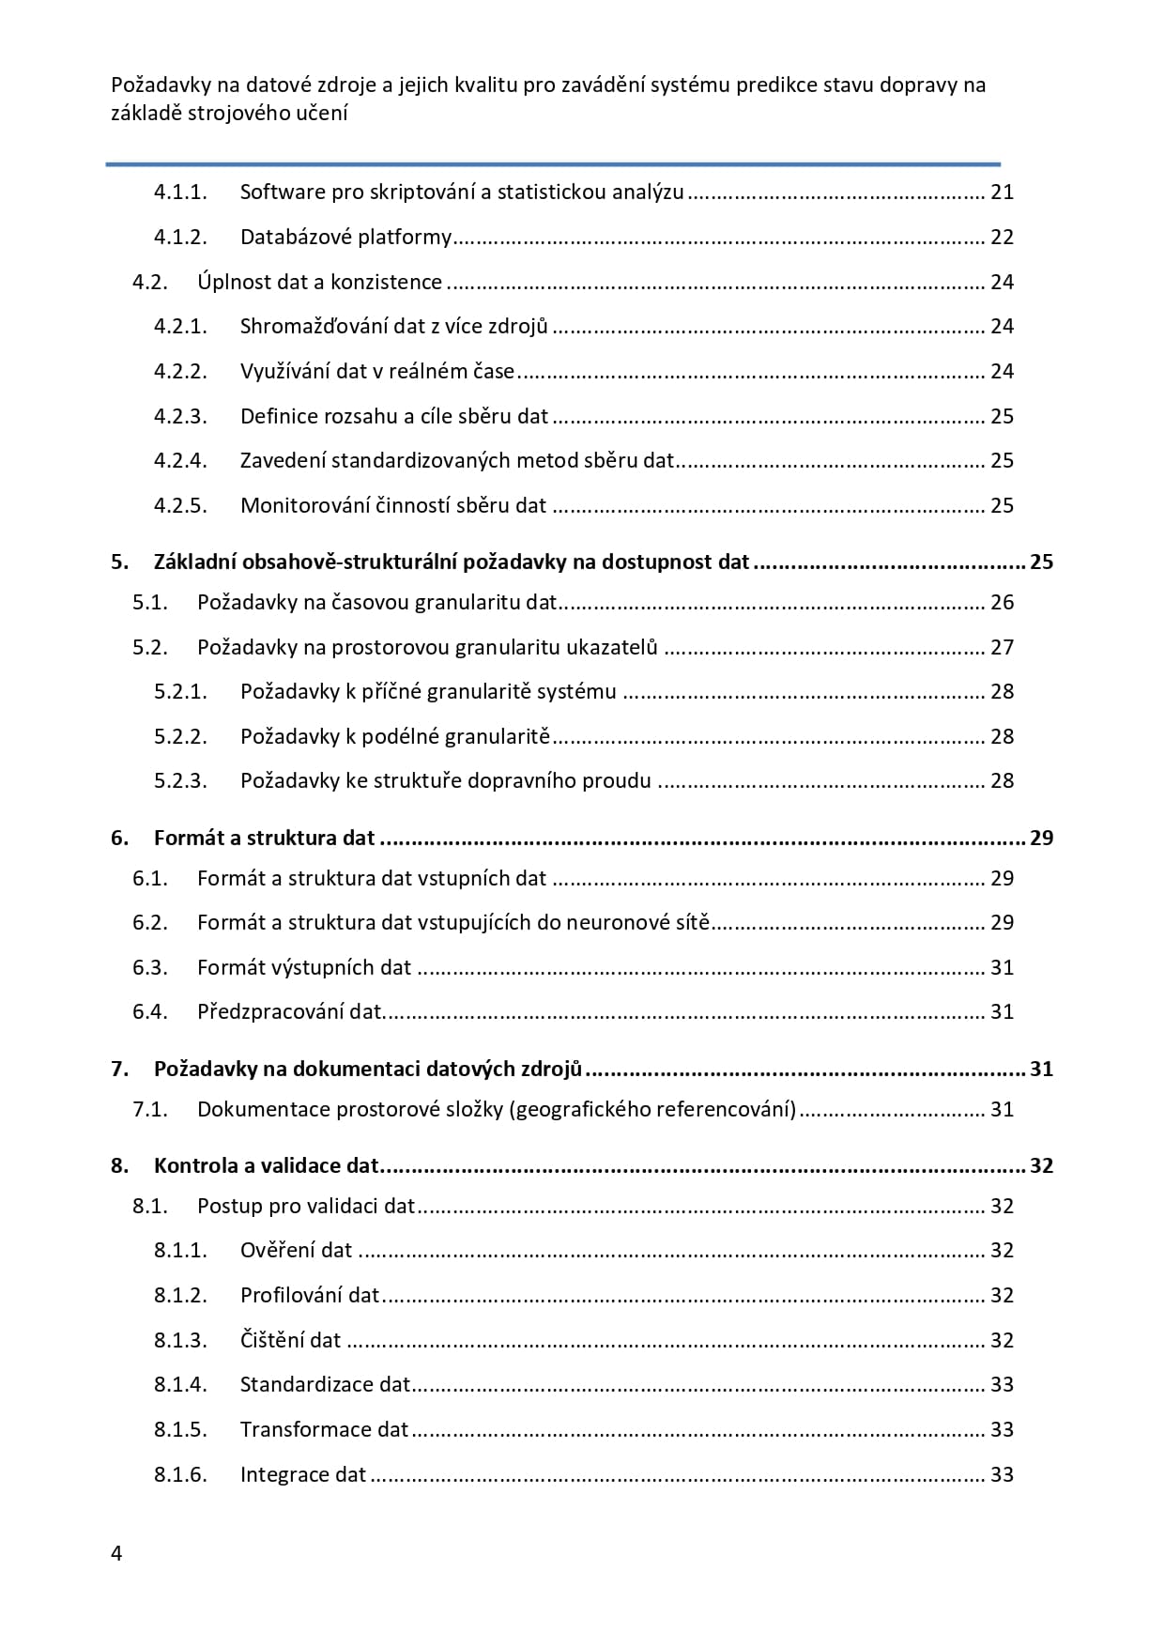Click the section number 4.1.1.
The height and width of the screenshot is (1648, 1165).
tap(180, 193)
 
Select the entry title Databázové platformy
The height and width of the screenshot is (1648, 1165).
tap(345, 238)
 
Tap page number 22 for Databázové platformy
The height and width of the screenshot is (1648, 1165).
tap(1002, 238)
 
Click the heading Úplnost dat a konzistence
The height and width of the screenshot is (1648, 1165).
tap(319, 283)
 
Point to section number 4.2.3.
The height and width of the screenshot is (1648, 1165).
tap(180, 416)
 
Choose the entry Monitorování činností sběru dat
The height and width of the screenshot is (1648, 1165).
tap(392, 506)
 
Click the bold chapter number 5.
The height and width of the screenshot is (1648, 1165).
tap(118, 562)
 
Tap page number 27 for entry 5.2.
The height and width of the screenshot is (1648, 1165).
tap(1002, 647)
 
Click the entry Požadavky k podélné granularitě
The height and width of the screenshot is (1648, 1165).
tap(394, 736)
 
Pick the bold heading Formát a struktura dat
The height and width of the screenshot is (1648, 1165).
tap(264, 839)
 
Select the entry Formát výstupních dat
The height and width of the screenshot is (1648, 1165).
tap(303, 968)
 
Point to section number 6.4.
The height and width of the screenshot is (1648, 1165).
tap(150, 1012)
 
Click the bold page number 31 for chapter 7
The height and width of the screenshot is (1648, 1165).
tap(1041, 1070)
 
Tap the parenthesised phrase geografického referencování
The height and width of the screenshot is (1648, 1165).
tap(652, 1110)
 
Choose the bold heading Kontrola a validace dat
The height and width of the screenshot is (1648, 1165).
tap(266, 1166)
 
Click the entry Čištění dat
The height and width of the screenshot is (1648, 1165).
tap(290, 1341)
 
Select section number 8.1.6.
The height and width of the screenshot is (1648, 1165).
tap(180, 1475)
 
